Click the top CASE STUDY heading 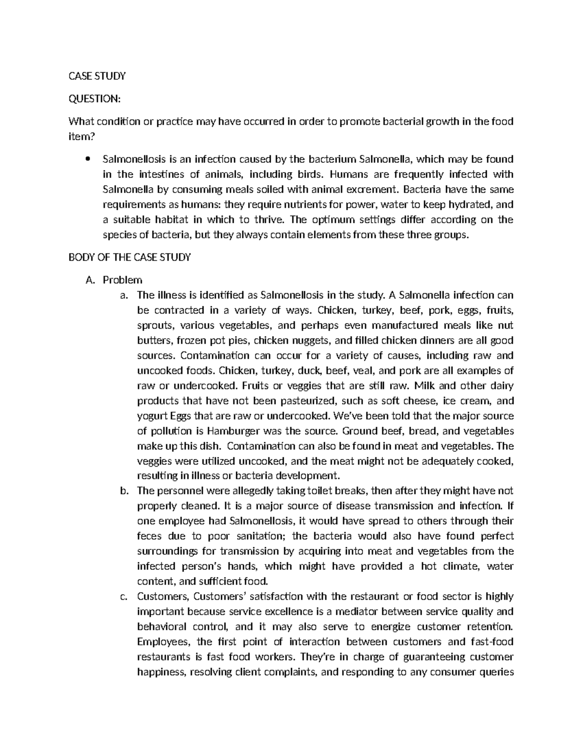click(x=97, y=76)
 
